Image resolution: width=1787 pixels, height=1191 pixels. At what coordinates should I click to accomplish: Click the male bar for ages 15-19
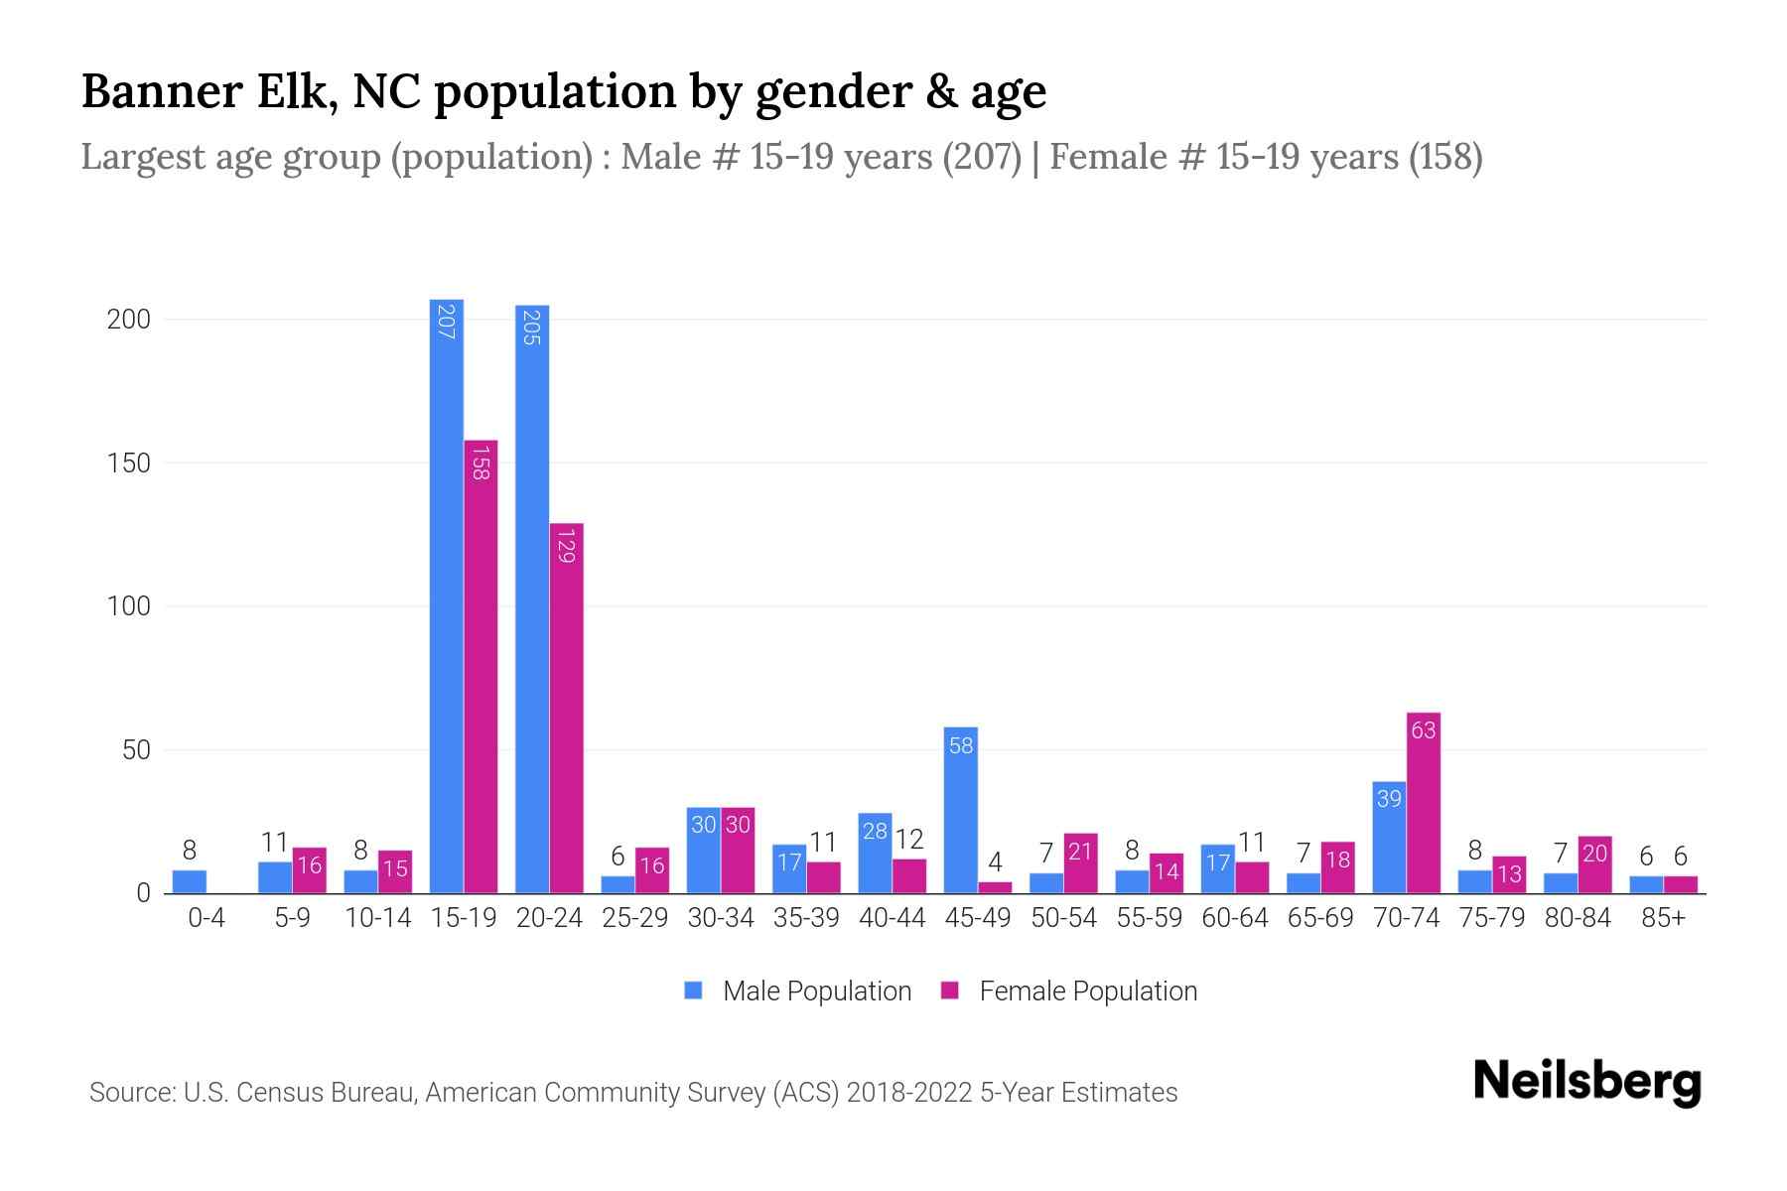447,595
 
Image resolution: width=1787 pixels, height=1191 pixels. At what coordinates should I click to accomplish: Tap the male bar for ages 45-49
961,810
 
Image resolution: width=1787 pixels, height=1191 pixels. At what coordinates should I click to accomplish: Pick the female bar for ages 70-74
1423,803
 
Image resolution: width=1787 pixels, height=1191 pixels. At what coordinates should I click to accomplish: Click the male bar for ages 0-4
190,881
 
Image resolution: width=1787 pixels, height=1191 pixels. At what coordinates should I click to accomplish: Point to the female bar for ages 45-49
995,887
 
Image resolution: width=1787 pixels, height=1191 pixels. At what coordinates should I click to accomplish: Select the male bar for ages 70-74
1389,838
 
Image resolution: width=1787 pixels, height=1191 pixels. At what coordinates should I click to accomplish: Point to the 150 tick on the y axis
129,463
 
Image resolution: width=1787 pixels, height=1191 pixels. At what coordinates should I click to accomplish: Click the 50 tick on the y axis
136,750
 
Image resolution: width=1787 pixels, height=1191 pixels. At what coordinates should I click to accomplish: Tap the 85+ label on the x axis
1663,918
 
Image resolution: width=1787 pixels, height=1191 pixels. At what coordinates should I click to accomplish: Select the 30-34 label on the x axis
721,918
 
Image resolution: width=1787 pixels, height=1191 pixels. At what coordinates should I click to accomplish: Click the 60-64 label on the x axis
1235,918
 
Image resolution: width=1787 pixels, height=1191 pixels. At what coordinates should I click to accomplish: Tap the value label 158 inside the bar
481,463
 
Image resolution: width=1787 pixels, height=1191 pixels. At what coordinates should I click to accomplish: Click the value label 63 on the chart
1423,730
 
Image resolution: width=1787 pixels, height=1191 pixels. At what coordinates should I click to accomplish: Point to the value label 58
961,745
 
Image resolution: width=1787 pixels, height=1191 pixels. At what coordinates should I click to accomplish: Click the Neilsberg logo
1586,1082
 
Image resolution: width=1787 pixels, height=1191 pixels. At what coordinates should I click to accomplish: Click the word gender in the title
832,92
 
